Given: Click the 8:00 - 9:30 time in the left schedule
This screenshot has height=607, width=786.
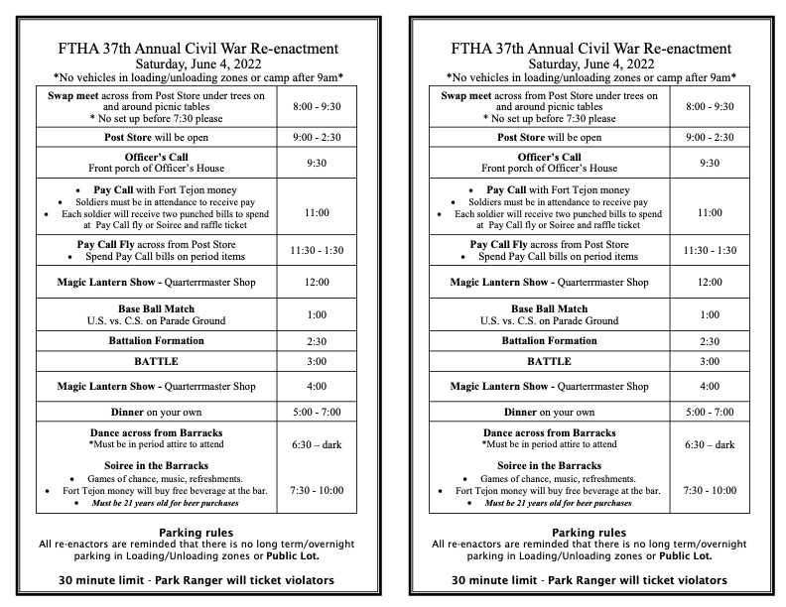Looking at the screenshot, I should [317, 106].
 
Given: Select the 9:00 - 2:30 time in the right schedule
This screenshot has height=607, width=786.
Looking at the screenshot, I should [710, 137].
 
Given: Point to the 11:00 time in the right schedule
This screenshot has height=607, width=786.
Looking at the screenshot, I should [710, 212].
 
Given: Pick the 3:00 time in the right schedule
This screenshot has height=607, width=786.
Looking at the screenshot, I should [710, 361].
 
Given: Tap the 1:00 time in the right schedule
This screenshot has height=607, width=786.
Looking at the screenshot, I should [710, 314].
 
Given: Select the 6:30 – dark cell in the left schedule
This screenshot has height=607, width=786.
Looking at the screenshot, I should [317, 444].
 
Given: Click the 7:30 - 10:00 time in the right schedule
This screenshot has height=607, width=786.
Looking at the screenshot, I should [710, 490].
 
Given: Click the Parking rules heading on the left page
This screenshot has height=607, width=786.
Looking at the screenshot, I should [196, 533].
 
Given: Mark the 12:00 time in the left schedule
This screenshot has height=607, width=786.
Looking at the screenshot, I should [317, 283].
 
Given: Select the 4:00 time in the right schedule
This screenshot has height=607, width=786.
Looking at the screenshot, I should [710, 386].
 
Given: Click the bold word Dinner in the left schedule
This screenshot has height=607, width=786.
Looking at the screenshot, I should [127, 412].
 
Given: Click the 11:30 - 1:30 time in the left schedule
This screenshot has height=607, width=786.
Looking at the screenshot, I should [317, 250].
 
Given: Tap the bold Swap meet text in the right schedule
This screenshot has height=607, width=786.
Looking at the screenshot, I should [465, 95].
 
